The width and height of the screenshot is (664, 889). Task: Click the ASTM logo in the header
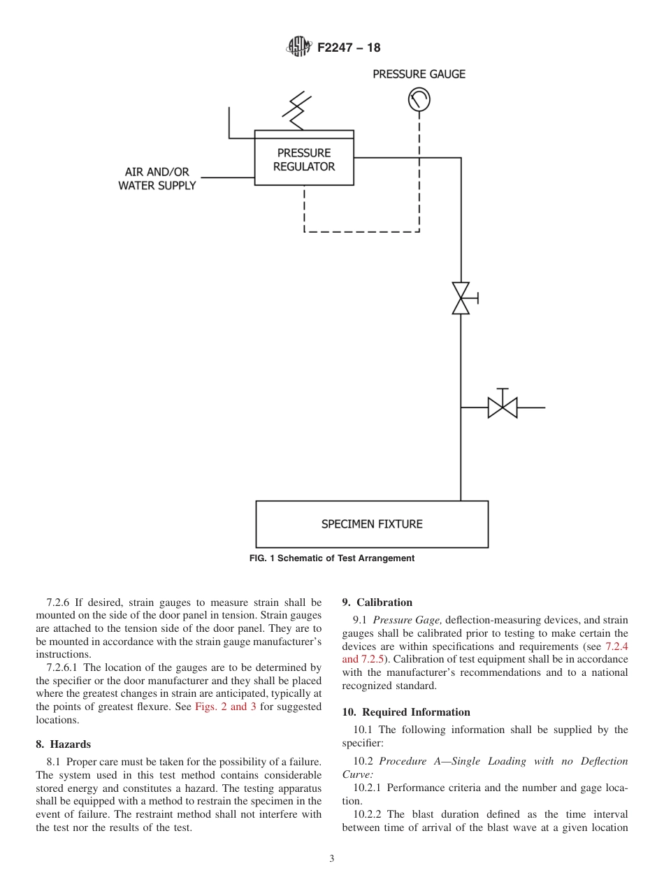[299, 48]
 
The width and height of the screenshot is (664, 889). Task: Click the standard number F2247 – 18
[349, 48]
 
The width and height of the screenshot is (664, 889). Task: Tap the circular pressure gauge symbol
[419, 101]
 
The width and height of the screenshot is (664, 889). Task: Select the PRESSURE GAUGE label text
[419, 74]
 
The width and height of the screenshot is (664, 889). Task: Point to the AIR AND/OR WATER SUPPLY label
[157, 179]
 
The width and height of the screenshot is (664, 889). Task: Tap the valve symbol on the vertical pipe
[461, 298]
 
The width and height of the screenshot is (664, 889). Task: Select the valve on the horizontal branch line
[502, 407]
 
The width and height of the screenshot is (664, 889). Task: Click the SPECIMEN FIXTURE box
[372, 524]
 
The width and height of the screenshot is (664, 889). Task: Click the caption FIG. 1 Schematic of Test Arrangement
[332, 558]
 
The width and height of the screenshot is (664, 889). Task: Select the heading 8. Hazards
[63, 744]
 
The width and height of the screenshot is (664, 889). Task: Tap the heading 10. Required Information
[405, 712]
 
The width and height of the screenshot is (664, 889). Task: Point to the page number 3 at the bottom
[332, 859]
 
